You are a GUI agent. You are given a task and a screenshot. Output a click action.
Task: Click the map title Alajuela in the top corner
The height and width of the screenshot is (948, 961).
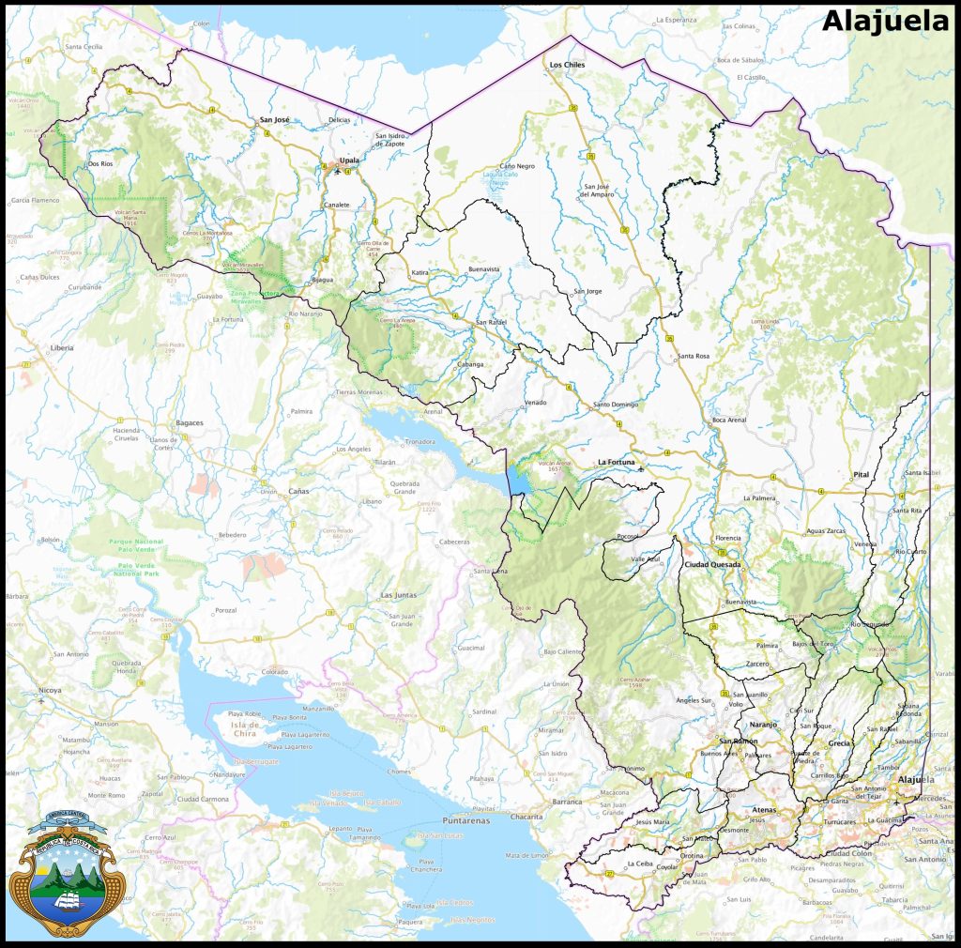tap(886, 22)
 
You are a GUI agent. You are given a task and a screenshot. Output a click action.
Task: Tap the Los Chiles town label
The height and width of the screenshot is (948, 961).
tap(567, 65)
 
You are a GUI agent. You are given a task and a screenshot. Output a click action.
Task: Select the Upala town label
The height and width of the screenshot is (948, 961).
tap(349, 159)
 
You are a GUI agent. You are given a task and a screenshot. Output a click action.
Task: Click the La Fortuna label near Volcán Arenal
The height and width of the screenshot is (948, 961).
tap(617, 462)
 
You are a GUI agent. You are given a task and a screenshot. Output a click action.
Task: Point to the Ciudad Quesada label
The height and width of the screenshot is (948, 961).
tap(712, 565)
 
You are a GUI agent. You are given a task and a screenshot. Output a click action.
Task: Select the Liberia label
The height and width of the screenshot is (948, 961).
tap(61, 347)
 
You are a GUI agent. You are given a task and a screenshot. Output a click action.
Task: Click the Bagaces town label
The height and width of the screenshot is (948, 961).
tap(190, 422)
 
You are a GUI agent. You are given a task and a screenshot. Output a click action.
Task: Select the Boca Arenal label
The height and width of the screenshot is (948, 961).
tap(729, 420)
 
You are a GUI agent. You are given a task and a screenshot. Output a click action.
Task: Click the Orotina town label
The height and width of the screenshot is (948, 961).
tap(693, 857)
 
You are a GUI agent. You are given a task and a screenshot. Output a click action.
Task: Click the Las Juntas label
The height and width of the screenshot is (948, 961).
tap(398, 595)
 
